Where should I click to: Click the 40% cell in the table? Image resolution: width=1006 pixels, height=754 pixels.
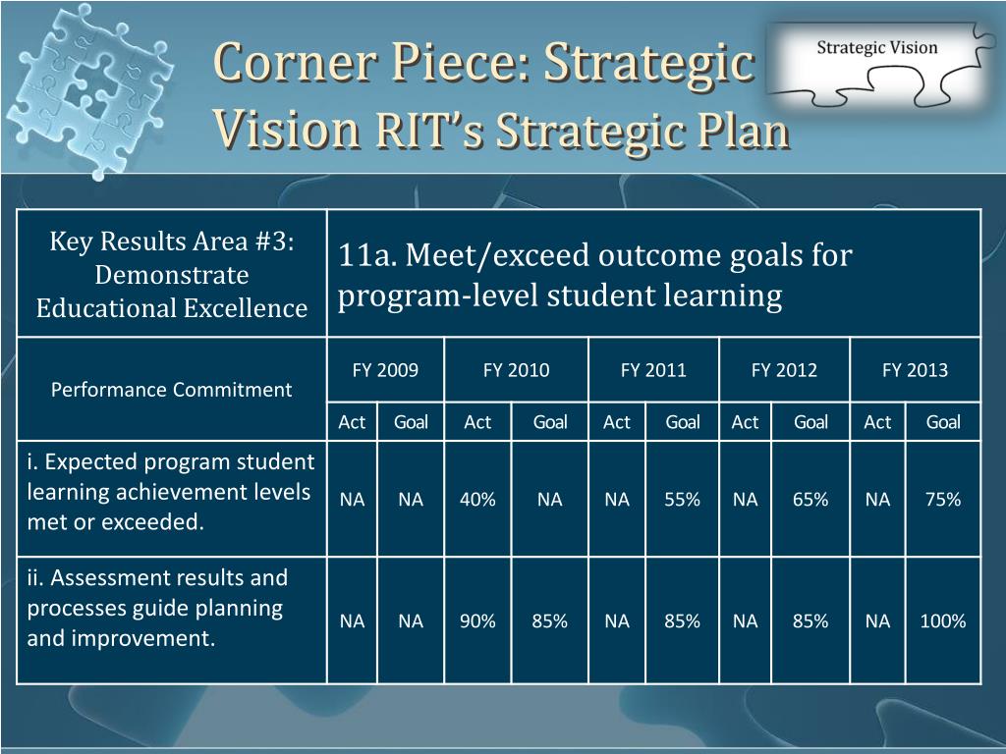pyautogui.click(x=477, y=500)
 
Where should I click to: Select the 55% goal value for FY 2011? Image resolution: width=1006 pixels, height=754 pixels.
pyautogui.click(x=682, y=500)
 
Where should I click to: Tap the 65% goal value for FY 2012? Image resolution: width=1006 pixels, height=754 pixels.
pyautogui.click(x=810, y=500)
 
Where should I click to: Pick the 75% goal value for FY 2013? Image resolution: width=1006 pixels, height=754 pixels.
pyautogui.click(x=943, y=500)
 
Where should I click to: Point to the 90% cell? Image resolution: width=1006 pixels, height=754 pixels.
pyautogui.click(x=477, y=621)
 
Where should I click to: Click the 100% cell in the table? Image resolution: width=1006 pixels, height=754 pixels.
pyautogui.click(x=943, y=621)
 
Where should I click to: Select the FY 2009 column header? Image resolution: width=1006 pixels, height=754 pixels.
pyautogui.click(x=385, y=370)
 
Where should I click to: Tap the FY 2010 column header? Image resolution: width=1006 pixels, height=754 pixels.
pyautogui.click(x=517, y=370)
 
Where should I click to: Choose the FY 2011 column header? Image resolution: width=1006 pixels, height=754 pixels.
pyautogui.click(x=653, y=370)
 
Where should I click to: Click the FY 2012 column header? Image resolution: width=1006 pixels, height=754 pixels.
pyautogui.click(x=784, y=370)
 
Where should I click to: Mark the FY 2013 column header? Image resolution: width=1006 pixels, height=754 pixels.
pyautogui.click(x=915, y=370)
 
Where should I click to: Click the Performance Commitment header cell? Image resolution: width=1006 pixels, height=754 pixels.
pyautogui.click(x=171, y=390)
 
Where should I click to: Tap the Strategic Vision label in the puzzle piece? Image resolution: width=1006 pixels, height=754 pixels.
pyautogui.click(x=877, y=47)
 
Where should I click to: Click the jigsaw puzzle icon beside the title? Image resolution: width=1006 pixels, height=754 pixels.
pyautogui.click(x=88, y=89)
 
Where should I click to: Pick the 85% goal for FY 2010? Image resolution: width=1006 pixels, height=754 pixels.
pyautogui.click(x=550, y=621)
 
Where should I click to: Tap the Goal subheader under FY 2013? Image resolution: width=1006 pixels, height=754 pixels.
pyautogui.click(x=943, y=422)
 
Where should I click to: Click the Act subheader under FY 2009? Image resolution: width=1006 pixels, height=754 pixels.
pyautogui.click(x=352, y=422)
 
